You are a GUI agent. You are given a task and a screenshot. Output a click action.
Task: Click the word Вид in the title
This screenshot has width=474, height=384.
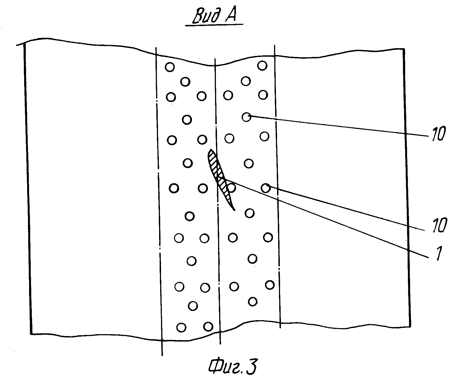[206, 17]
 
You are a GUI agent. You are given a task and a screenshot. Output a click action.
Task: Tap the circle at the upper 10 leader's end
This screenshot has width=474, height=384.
[247, 117]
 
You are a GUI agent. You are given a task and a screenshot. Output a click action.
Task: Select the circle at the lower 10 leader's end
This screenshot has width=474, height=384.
[266, 188]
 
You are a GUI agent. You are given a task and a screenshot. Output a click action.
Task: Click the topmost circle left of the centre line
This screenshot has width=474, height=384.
[170, 67]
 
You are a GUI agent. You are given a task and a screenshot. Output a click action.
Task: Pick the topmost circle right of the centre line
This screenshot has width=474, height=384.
[263, 66]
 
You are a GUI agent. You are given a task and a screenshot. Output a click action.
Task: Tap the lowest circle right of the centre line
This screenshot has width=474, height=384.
[253, 302]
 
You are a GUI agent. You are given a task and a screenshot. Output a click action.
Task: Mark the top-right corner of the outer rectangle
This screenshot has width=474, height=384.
[404, 49]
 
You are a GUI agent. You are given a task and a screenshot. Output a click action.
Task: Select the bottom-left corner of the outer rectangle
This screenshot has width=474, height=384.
[31, 334]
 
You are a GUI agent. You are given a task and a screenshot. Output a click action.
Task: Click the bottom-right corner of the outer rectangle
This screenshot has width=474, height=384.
[410, 326]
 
